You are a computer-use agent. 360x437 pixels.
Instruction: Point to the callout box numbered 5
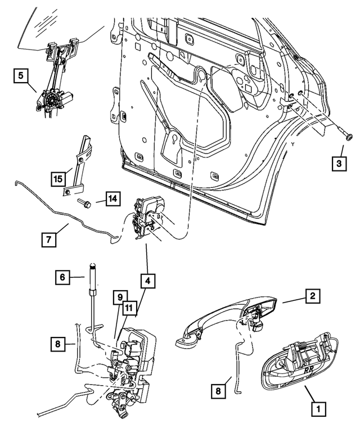(22, 75)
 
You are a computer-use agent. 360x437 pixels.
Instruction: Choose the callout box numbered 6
(64, 277)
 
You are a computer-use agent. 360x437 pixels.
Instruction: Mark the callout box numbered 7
(49, 240)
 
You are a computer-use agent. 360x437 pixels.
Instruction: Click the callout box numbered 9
(120, 296)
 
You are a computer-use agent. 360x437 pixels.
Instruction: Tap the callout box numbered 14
(111, 199)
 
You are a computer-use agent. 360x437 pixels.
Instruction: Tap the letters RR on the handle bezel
(309, 371)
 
